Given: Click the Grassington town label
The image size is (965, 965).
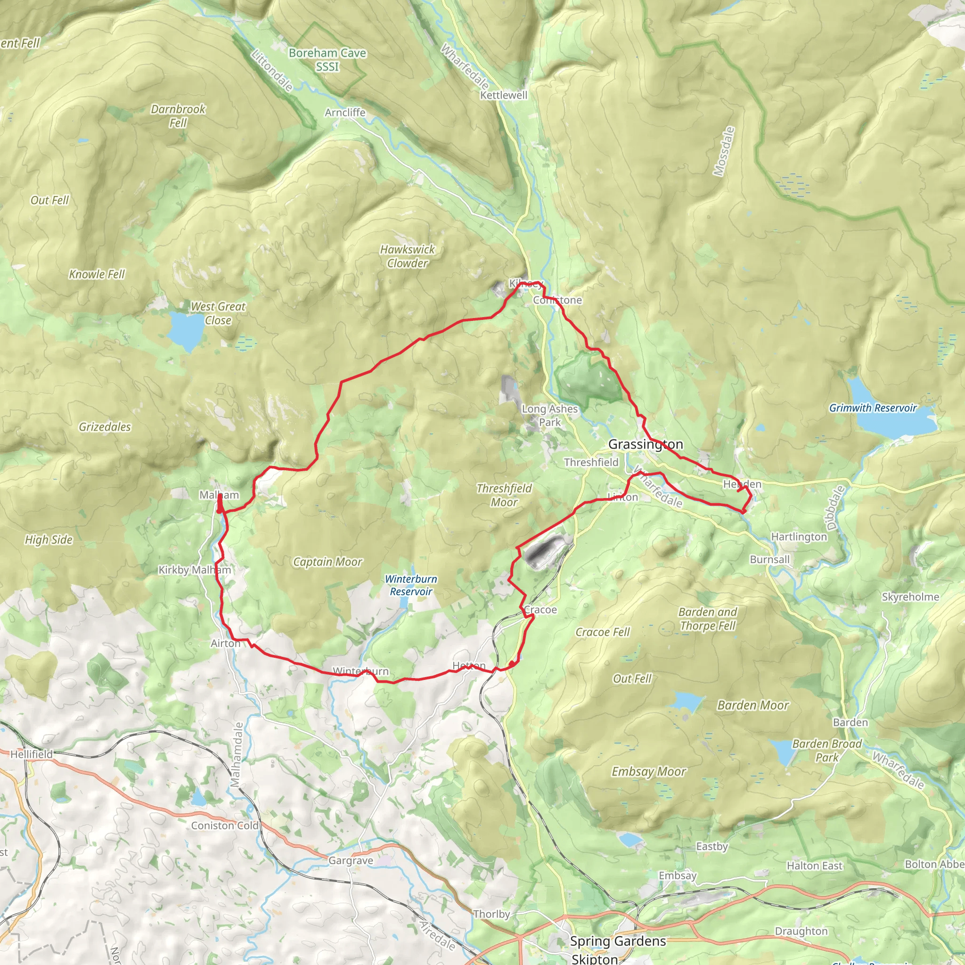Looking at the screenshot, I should click(646, 444).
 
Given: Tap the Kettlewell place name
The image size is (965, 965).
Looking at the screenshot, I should click(504, 95).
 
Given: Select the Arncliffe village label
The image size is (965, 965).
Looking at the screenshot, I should click(345, 113).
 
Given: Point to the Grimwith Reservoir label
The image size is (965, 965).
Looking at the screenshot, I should click(873, 408).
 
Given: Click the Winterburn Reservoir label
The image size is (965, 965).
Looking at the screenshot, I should click(411, 585).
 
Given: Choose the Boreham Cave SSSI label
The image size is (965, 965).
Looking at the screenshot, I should click(327, 59).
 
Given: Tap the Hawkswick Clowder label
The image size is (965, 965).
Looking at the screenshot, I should click(408, 256).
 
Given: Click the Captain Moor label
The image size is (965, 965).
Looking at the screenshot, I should click(327, 562).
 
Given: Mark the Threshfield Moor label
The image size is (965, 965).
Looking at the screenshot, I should click(504, 495).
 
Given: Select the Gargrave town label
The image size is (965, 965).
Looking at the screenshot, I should click(351, 860).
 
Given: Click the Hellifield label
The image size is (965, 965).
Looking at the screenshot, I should click(32, 754).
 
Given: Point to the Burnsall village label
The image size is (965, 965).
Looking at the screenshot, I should click(770, 559).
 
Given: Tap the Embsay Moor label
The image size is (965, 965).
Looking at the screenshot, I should click(649, 771).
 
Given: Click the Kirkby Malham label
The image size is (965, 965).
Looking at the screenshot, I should click(195, 570).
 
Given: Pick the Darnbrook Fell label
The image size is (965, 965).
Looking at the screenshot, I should click(178, 115).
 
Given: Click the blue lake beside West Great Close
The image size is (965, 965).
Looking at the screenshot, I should click(185, 330).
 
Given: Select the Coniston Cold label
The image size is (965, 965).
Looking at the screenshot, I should click(225, 826).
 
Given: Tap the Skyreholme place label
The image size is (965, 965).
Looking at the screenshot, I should click(910, 597).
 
